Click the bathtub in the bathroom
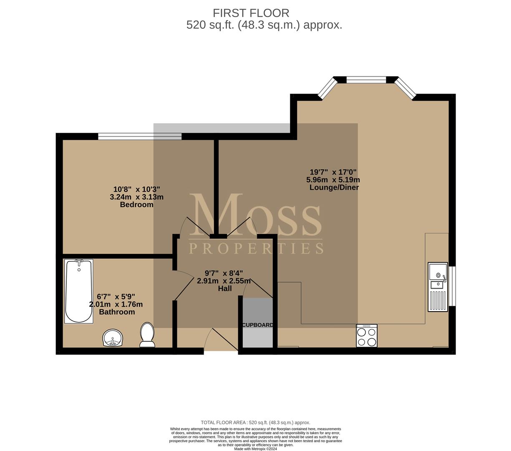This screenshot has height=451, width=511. [x=79, y=291]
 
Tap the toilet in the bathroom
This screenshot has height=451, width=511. [x=147, y=335]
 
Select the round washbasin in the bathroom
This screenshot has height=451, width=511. [x=113, y=337]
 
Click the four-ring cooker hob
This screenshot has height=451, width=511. [x=367, y=336]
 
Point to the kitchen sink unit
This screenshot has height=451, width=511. [x=438, y=287]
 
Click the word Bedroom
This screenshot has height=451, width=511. [x=137, y=205]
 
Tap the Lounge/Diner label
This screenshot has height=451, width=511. [x=334, y=187]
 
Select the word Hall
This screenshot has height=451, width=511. [x=225, y=289]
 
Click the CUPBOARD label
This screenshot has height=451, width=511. [x=257, y=325]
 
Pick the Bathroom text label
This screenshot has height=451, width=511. [x=117, y=312]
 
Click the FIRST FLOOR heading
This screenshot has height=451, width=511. [x=251, y=13]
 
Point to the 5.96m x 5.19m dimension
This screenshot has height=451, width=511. [x=333, y=180]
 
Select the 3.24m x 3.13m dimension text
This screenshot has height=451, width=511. [x=137, y=197]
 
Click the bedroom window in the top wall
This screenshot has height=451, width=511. [x=140, y=137]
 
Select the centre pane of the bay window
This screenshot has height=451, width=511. [x=366, y=80]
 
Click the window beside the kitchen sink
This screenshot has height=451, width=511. [x=452, y=286]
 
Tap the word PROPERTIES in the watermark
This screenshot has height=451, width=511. [x=256, y=248]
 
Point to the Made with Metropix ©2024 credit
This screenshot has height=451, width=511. [x=255, y=449]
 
